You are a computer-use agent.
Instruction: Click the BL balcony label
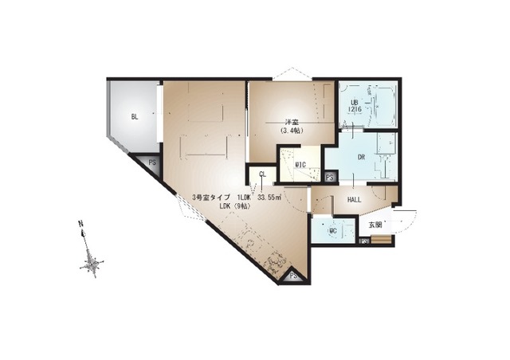coord(135,116)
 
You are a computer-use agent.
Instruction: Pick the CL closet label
coord(261,174)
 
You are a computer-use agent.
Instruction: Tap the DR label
coord(360,157)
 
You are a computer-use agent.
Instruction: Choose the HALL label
coord(355,200)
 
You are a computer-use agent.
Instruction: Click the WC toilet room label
coord(335,232)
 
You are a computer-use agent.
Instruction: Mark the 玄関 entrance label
coord(375,224)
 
